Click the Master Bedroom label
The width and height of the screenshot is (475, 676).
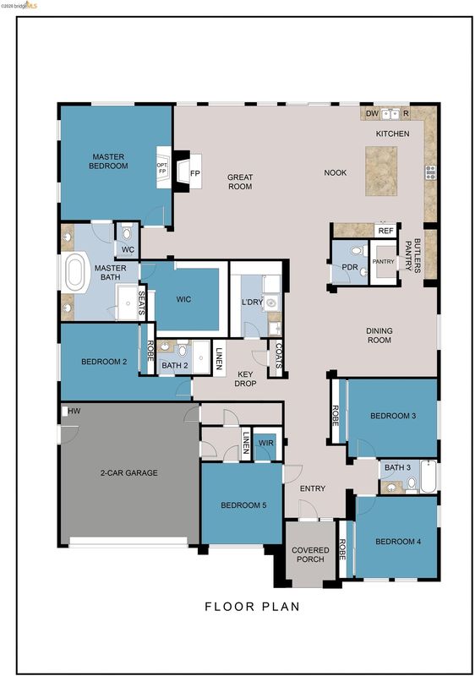(108, 161)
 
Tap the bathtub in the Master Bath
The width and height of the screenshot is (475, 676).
(75, 271)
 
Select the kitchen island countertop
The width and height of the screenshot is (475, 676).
(381, 171)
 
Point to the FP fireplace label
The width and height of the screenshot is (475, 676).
(195, 173)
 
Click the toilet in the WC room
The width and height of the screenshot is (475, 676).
(126, 233)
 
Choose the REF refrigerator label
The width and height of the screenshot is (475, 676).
(385, 231)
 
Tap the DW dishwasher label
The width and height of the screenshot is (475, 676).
(372, 114)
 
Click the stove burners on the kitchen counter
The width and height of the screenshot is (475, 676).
(430, 172)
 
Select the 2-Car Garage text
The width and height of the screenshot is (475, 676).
(128, 473)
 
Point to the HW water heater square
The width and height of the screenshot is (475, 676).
(64, 412)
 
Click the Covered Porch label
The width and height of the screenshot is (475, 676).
(310, 554)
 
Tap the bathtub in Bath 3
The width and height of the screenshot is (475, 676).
(429, 477)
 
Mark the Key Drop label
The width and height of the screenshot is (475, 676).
(245, 379)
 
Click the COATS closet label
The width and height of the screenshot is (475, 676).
(278, 356)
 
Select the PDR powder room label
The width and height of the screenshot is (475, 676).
(350, 267)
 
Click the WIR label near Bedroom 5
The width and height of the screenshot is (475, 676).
(266, 443)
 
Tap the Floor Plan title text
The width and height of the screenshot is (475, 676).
(252, 607)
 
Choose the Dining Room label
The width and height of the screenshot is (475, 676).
(379, 335)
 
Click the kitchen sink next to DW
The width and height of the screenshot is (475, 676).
(390, 114)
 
